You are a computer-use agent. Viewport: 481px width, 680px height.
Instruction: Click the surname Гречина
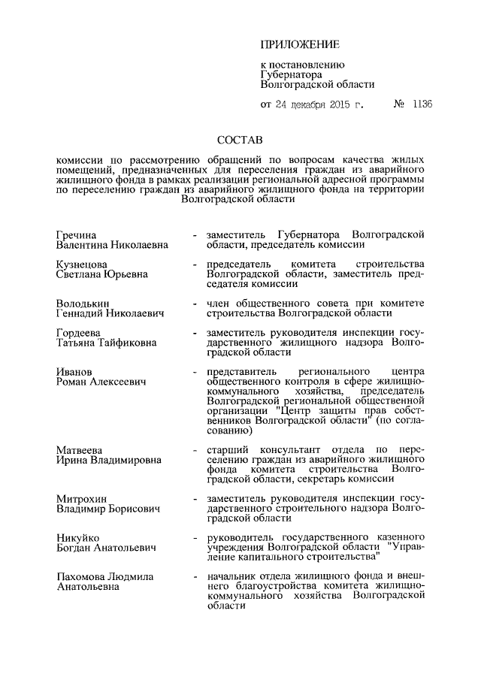(77, 234)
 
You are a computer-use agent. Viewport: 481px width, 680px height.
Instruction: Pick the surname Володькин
(84, 303)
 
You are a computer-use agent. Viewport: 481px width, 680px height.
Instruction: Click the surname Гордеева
(80, 333)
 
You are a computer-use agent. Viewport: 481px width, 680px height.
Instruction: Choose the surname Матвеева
(80, 449)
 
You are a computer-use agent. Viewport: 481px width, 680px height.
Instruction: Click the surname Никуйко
(79, 538)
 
